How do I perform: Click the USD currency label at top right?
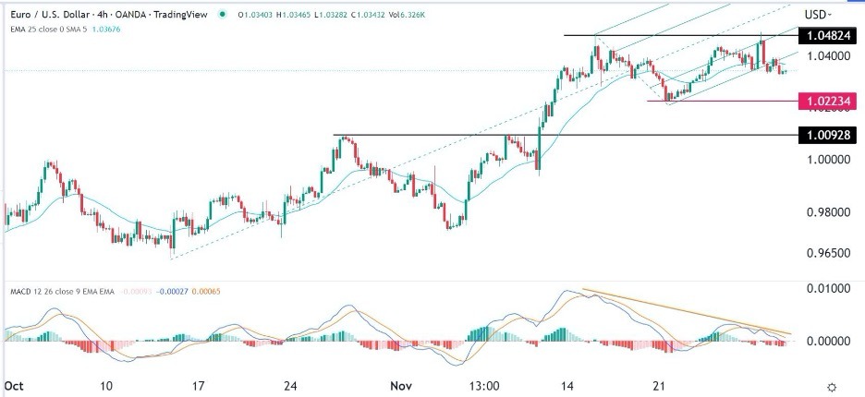click(x=816, y=15)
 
